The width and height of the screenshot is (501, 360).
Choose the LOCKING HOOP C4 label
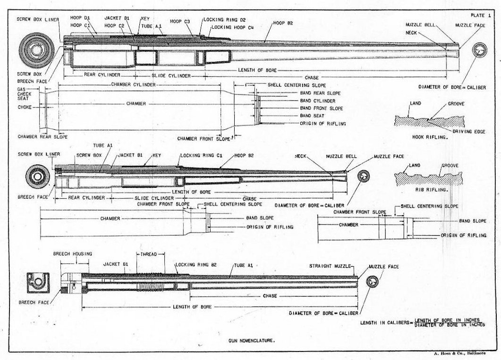point(233,27)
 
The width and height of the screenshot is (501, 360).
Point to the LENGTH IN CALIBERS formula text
point(423,323)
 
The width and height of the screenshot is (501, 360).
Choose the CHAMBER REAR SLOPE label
point(43,137)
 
